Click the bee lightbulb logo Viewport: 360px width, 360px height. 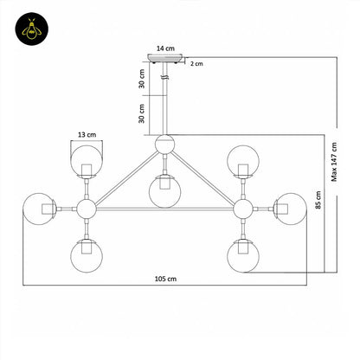[32, 29]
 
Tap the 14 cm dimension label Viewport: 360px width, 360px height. [165, 48]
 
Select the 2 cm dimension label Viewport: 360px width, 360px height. [196, 64]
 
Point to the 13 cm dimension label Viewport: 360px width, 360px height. [87, 135]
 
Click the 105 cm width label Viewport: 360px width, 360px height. [165, 279]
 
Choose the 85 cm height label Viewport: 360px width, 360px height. [318, 200]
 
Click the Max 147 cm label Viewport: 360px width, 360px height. [334, 162]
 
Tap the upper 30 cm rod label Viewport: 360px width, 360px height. [142, 79]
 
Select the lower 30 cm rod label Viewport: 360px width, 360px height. [142, 113]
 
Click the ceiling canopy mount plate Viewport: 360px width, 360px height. [165, 58]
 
